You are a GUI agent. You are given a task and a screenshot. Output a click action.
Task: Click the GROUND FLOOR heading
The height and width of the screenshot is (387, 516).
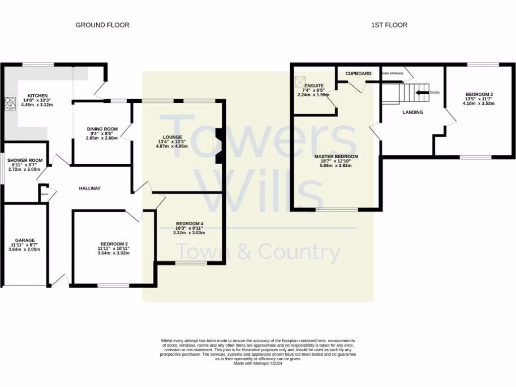(x=102, y=25)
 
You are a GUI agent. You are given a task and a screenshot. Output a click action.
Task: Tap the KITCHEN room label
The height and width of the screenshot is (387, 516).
(x=37, y=95)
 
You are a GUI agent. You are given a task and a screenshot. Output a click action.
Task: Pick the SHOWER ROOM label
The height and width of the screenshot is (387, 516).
(x=25, y=160)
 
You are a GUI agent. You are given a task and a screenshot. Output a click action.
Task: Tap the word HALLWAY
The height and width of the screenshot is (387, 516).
(x=90, y=188)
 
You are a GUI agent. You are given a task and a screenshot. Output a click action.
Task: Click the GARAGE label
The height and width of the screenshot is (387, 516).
(x=24, y=240)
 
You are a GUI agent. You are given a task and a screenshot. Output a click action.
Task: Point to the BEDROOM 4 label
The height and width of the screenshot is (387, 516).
(x=189, y=223)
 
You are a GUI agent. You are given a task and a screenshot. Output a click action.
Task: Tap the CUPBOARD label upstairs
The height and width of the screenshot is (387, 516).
(x=358, y=74)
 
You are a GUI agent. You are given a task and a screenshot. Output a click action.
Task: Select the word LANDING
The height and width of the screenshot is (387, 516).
(x=412, y=112)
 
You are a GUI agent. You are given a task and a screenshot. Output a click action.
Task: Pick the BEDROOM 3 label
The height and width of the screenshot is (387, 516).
(x=479, y=94)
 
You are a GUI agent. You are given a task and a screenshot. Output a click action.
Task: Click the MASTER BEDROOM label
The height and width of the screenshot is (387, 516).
(x=336, y=156)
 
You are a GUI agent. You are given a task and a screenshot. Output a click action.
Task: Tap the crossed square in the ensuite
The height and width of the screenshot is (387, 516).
(x=300, y=80)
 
